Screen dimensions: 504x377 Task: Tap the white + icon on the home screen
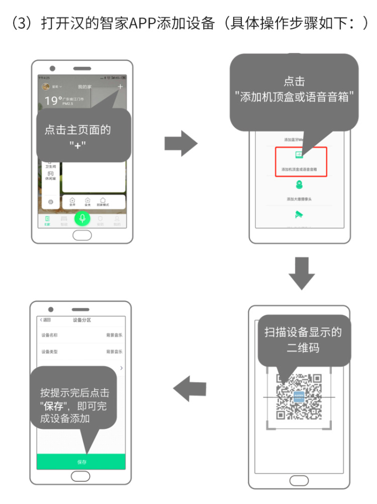[x=120, y=87]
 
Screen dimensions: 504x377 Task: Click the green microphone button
[x=82, y=218]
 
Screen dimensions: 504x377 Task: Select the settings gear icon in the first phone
[x=50, y=201]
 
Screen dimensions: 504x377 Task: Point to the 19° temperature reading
[x=53, y=100]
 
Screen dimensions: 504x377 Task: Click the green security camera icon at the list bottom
[x=300, y=215]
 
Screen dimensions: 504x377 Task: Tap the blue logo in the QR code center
[x=299, y=397]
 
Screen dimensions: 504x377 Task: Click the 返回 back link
[x=45, y=320]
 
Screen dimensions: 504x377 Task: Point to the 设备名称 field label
[x=50, y=335]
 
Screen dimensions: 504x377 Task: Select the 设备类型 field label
[x=50, y=352]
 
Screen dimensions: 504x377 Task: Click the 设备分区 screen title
[x=82, y=320]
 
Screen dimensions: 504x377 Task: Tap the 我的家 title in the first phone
[x=84, y=87]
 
